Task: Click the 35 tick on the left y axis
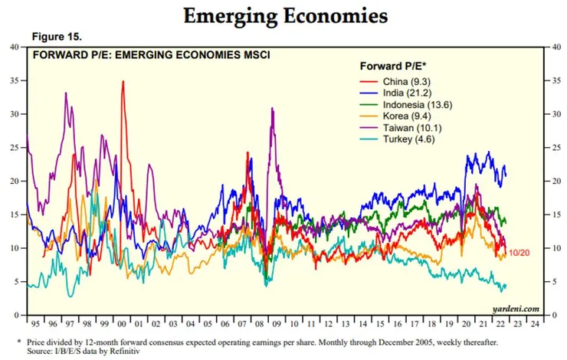14,80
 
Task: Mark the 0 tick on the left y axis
16,315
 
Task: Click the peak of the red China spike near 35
123,81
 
